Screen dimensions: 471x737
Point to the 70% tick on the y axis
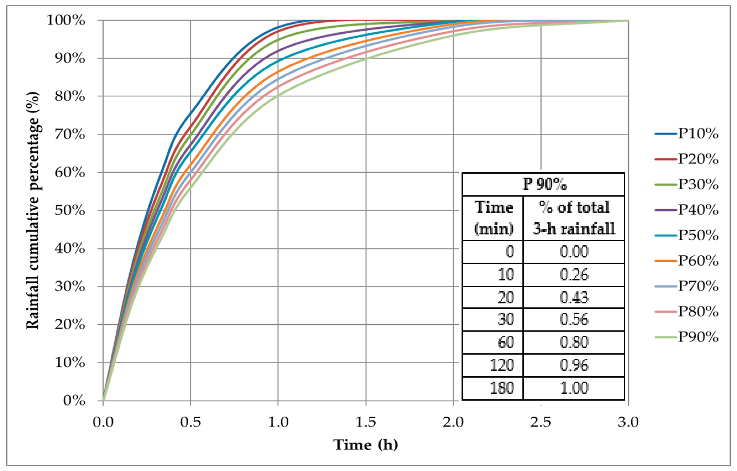[70, 134]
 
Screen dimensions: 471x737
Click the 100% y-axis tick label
[66, 20]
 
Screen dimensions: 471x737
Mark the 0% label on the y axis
[74, 400]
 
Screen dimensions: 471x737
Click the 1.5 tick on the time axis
[366, 422]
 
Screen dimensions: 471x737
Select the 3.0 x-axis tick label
[628, 422]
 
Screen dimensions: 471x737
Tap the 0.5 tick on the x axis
[190, 422]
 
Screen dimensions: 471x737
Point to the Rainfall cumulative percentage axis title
[33, 210]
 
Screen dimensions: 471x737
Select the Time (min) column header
[493, 218]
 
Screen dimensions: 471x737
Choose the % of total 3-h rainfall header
[574, 218]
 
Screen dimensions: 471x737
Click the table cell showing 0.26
[574, 275]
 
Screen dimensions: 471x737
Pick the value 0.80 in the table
[574, 342]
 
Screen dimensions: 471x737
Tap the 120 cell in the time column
[502, 365]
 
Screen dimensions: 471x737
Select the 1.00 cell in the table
[574, 388]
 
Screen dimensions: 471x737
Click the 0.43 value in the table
[574, 297]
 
